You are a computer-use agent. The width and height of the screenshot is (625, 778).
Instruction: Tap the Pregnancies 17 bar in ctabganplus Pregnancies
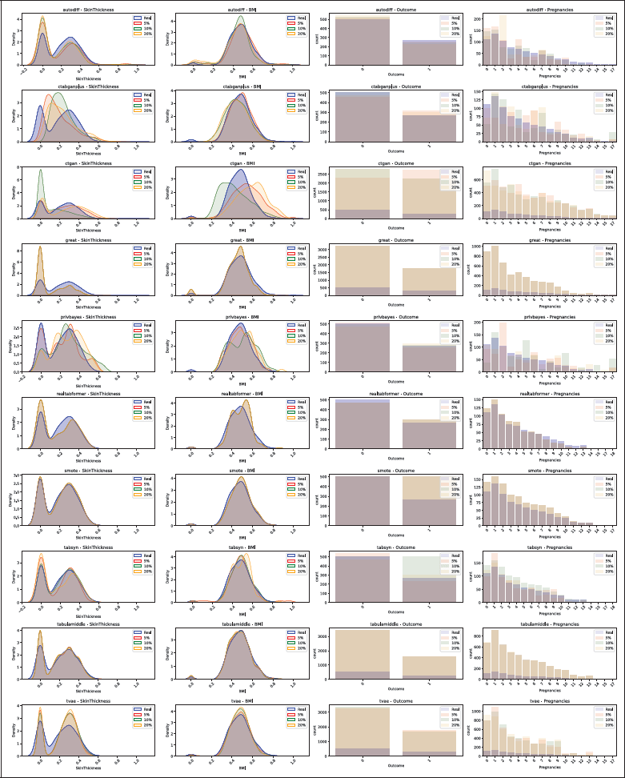(x=613, y=138)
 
